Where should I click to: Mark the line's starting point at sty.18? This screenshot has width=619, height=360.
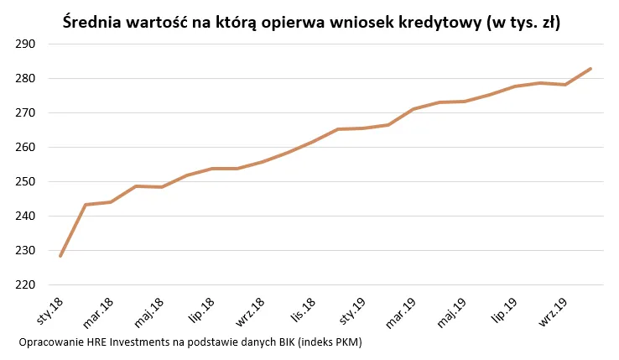(60, 255)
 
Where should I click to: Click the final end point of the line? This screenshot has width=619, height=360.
(590, 69)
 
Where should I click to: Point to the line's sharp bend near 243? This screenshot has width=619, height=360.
(86, 205)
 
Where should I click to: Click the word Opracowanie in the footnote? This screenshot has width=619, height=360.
(49, 343)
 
